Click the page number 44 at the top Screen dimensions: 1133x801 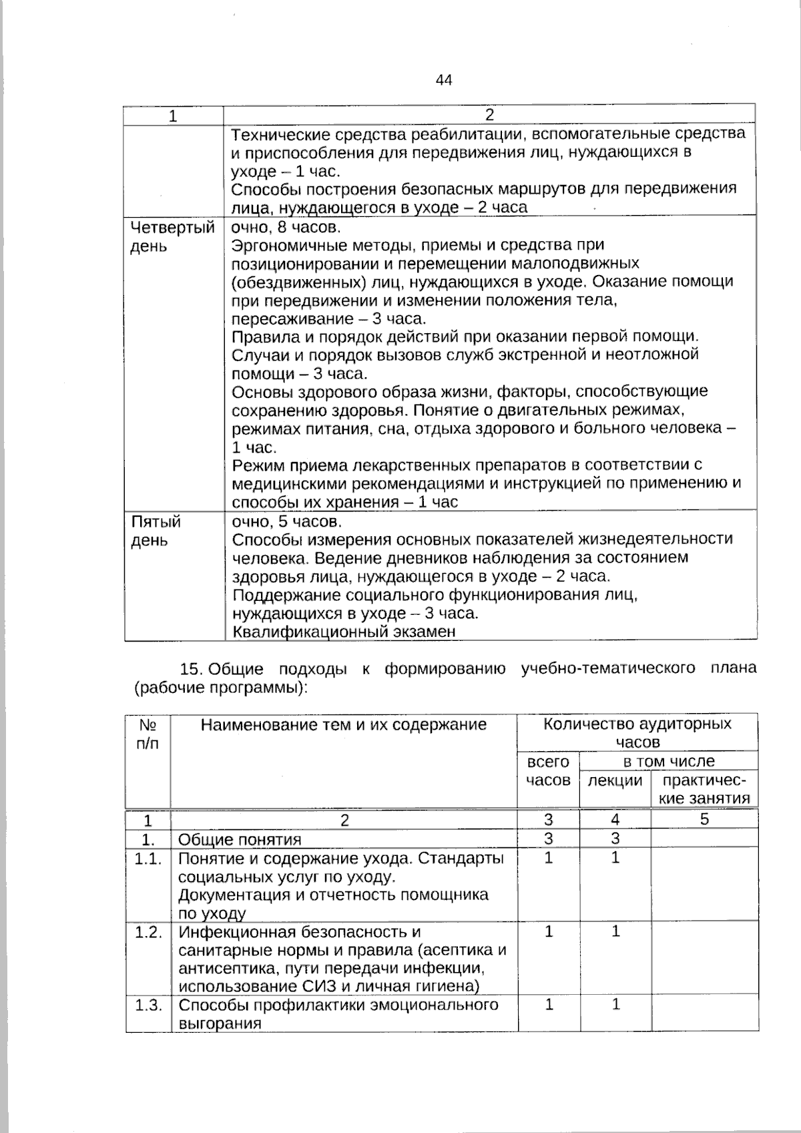point(444,81)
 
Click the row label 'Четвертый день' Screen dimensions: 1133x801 point(172,237)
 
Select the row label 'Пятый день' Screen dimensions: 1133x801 point(156,531)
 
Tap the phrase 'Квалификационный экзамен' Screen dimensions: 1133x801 point(344,632)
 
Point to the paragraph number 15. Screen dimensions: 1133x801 point(191,669)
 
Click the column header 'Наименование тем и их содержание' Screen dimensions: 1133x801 point(344,724)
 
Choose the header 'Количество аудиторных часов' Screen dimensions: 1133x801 point(637,732)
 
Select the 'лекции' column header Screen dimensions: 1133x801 point(615,780)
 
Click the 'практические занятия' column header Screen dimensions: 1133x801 point(704,789)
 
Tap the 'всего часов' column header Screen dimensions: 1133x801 point(548,771)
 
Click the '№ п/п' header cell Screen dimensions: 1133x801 point(148,733)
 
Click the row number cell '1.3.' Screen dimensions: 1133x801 point(148,1005)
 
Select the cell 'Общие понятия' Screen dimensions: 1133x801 point(240,839)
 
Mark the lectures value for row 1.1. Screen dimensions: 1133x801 point(615,858)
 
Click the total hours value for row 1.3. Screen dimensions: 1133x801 point(549,1004)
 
